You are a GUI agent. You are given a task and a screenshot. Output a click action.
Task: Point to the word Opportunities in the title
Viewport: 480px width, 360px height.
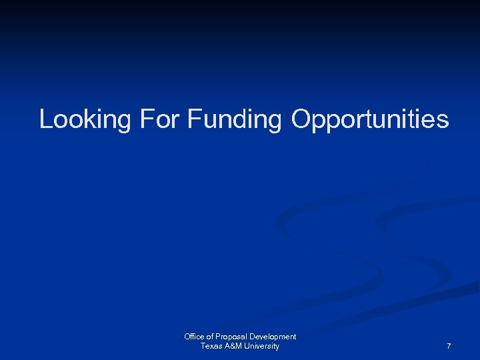[x=369, y=120]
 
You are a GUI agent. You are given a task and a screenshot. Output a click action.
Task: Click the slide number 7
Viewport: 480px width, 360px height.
[x=449, y=347]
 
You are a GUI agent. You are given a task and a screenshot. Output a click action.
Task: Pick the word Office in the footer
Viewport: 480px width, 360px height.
[x=194, y=337]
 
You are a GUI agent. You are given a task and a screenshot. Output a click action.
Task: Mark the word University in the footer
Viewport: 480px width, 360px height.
[x=261, y=346]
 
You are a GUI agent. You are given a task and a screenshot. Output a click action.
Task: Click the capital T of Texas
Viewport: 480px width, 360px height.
[x=203, y=346]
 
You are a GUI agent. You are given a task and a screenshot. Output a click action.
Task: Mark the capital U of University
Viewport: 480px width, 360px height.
[x=246, y=346]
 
